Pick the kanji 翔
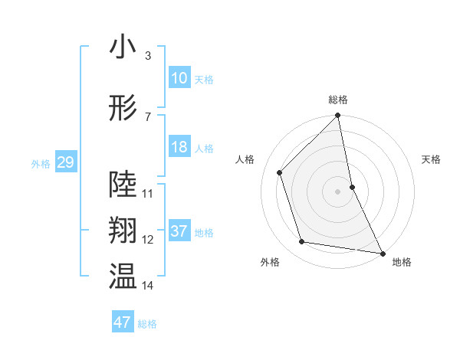coord(123,231)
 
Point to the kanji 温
coord(123,277)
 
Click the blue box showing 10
coord(179,78)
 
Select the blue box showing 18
coord(179,147)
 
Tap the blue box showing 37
coord(179,231)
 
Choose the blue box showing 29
coord(65,162)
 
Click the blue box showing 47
coord(123,322)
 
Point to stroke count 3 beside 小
coord(147,56)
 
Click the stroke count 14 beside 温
coord(147,286)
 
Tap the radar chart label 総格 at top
coord(338,100)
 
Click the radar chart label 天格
coord(431,159)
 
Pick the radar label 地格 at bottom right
coord(402,262)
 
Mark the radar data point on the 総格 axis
coord(338,116)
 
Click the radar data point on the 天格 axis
coord(352,186)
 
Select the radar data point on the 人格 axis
coord(280,172)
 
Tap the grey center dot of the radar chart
coord(338,191)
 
